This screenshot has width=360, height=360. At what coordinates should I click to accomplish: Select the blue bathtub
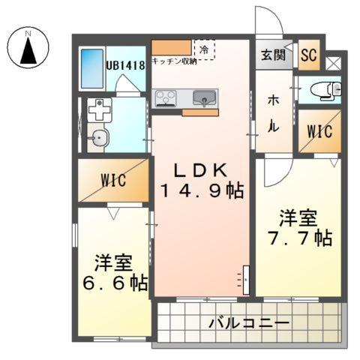coord(92,69)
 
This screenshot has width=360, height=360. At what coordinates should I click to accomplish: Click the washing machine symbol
coord(99,111)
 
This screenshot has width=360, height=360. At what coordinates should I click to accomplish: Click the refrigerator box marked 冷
coord(204,49)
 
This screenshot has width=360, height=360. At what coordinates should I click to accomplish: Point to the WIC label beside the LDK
coord(113,181)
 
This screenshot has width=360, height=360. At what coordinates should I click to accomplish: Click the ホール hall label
coord(274,112)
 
